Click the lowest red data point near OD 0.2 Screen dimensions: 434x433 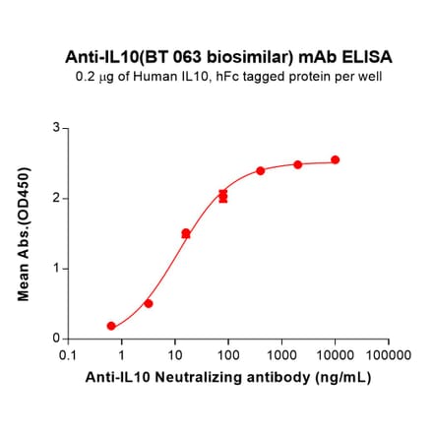pos(111,326)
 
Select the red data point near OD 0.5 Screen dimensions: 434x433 pos(149,303)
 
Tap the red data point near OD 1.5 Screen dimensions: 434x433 pos(186,233)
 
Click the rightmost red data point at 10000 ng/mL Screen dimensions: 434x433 pos(335,159)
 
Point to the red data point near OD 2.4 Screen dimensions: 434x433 pos(261,170)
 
